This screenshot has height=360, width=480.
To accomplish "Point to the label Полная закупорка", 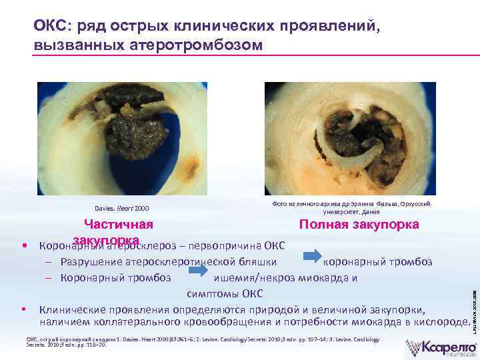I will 359,224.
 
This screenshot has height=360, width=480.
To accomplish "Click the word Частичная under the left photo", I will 118,225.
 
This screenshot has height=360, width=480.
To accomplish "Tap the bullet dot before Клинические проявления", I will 24,309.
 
